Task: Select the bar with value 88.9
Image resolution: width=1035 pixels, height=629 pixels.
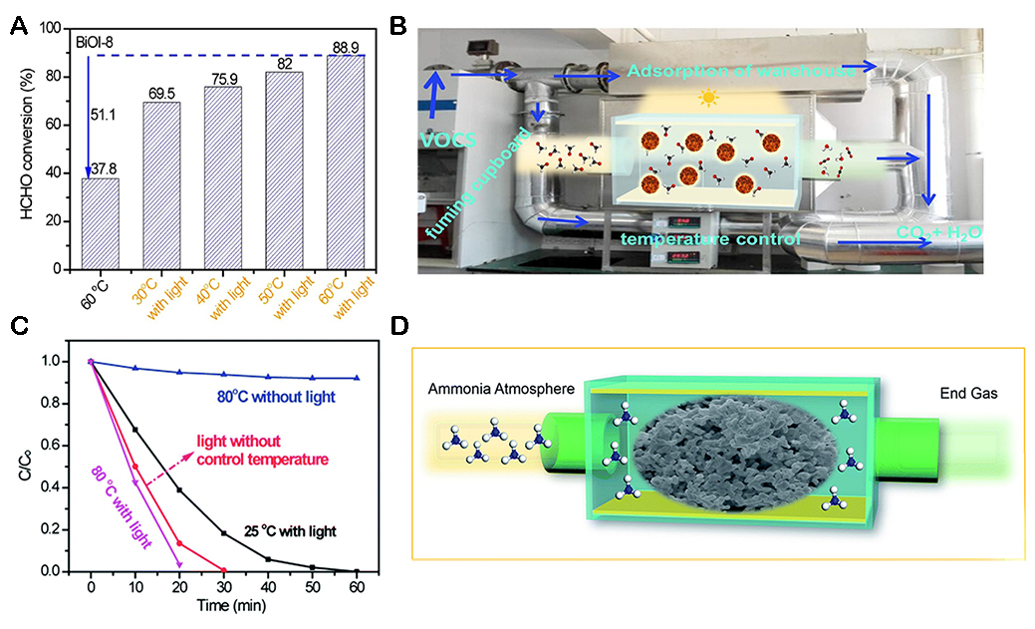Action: [x=347, y=162]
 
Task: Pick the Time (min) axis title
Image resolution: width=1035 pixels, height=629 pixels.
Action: [x=224, y=604]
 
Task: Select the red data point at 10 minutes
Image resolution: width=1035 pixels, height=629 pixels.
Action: [x=135, y=467]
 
